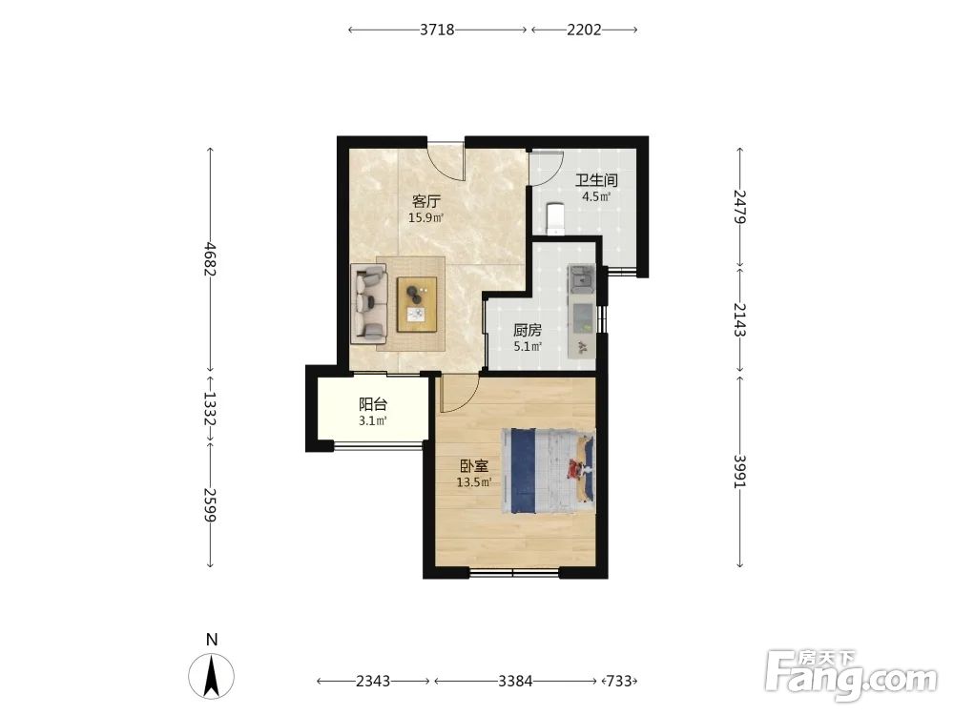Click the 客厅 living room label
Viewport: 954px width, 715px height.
(425, 201)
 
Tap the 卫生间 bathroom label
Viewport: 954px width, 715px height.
(596, 180)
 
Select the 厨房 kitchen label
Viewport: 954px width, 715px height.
(527, 330)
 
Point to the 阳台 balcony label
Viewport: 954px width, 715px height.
(373, 404)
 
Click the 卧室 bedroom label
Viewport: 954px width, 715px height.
(473, 466)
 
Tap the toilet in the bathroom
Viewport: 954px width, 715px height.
(555, 219)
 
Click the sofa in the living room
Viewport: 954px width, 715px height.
(369, 304)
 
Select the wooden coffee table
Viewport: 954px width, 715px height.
(418, 304)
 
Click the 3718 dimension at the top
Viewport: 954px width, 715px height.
(437, 30)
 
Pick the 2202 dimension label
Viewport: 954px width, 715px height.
(584, 30)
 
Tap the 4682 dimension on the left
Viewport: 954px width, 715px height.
(210, 258)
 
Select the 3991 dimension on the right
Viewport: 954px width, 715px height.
(740, 471)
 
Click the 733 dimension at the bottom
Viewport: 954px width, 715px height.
(619, 681)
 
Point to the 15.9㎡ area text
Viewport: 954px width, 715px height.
(425, 217)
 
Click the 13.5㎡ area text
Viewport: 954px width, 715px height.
(474, 482)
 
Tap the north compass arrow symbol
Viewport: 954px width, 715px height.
(211, 676)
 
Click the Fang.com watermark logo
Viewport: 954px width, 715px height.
(852, 676)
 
